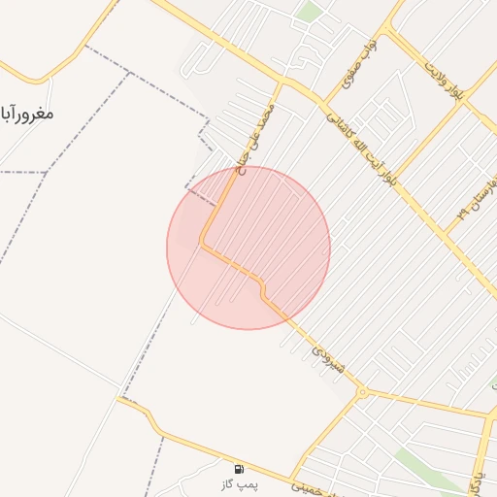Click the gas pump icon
pos(240,468)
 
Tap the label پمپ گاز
pos(240,482)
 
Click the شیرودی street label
pos(326,356)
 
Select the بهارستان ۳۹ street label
pos(477,204)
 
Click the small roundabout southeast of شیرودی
pos(362,392)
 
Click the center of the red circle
pos(248,248)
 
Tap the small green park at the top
pos(310,12)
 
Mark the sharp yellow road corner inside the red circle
pos(202,243)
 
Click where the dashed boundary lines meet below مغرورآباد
pos(47,172)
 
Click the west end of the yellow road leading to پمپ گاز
pos(119,397)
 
